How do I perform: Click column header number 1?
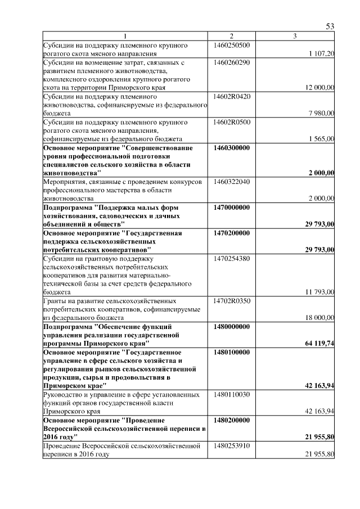(125, 37)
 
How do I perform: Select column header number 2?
(231, 37)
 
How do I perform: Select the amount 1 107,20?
(322, 53)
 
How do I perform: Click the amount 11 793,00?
(319, 292)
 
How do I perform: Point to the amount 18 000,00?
(319, 318)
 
